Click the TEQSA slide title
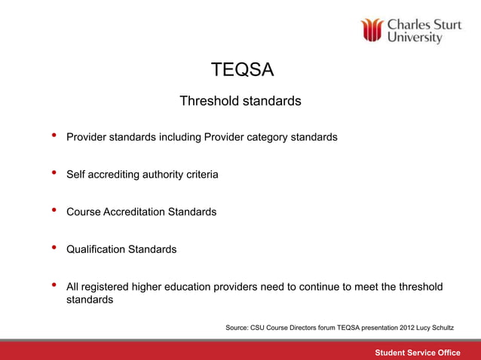tap(241, 71)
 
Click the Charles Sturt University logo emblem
tap(372, 31)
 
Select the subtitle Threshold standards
tap(240, 101)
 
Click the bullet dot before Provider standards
tap(54, 136)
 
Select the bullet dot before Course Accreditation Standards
tap(54, 210)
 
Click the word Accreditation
tap(133, 212)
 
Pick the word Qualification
tap(97, 249)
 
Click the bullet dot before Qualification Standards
tap(54, 247)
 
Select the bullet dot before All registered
tap(54, 285)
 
